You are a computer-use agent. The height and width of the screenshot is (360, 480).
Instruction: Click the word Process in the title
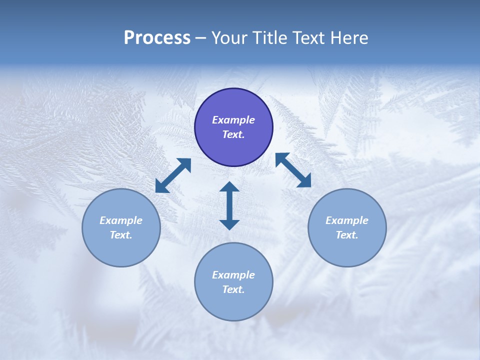click(x=157, y=38)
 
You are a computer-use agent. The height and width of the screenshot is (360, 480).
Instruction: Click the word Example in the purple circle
click(x=233, y=120)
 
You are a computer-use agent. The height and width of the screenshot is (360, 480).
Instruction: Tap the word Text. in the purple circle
click(x=233, y=134)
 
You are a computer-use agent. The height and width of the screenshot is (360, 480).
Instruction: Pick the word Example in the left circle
click(x=121, y=220)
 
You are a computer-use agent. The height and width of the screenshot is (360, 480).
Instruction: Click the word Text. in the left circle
click(x=121, y=235)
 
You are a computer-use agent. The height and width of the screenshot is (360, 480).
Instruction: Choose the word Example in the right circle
click(x=347, y=220)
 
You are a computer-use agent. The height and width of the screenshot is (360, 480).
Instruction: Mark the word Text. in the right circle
click(x=347, y=235)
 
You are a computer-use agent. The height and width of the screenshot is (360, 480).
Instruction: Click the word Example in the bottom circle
click(x=233, y=275)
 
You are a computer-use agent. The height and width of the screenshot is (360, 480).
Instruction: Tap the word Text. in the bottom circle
click(x=233, y=289)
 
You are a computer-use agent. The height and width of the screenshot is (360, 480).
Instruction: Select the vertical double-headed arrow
click(x=229, y=205)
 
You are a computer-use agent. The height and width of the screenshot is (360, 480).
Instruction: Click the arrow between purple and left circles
click(x=173, y=175)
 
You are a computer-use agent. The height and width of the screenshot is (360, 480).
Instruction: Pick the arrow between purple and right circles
click(x=293, y=170)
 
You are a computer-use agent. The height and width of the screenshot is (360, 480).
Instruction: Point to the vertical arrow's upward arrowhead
click(x=229, y=187)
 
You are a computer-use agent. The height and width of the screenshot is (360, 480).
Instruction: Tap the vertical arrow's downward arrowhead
click(x=229, y=224)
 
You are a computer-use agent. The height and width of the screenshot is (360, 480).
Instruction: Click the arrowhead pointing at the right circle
click(x=304, y=181)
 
